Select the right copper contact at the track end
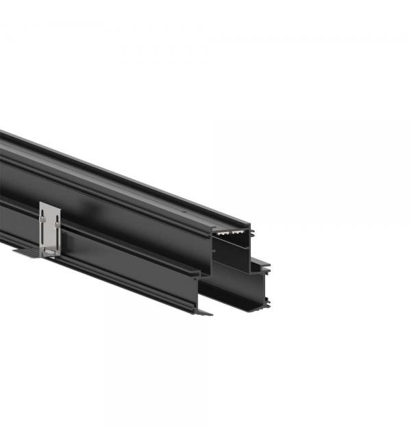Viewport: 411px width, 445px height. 237,231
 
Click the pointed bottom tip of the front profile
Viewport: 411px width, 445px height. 206,314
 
